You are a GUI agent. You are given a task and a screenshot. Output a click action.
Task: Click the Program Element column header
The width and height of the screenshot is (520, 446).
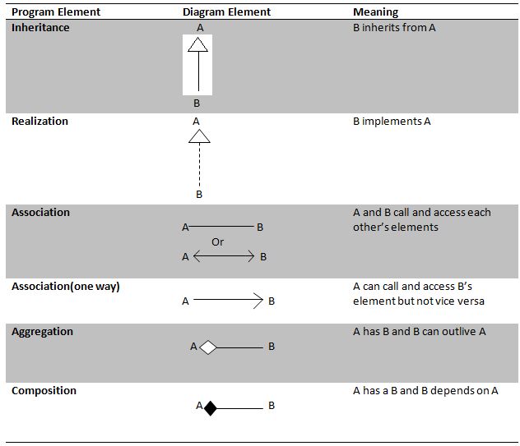[56, 12]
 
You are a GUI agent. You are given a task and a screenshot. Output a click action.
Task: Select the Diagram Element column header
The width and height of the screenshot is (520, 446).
[226, 12]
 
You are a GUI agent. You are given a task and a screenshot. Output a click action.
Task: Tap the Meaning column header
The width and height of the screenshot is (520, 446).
[375, 12]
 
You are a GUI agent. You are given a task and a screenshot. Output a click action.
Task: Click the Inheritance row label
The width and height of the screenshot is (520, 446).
[40, 27]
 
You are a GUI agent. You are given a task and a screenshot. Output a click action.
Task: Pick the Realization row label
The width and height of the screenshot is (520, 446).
[39, 122]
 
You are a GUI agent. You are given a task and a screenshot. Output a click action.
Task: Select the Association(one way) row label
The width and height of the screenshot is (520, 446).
[66, 287]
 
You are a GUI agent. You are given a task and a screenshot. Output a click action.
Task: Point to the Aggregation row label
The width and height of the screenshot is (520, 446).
[42, 332]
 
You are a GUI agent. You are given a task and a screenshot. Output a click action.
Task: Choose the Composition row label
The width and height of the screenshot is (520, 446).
[44, 391]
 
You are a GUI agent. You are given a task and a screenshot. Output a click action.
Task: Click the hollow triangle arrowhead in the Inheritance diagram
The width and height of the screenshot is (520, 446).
[198, 44]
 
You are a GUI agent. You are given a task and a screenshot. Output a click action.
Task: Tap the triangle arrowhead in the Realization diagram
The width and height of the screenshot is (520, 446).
[199, 136]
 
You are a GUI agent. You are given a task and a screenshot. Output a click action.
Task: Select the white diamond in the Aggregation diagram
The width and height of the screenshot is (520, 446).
[208, 347]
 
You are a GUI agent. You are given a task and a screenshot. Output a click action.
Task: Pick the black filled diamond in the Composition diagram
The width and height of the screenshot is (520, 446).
[211, 408]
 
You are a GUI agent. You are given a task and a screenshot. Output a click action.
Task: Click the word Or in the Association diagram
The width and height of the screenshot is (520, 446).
[217, 242]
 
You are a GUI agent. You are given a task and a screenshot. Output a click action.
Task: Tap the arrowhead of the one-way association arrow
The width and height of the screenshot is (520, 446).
[258, 301]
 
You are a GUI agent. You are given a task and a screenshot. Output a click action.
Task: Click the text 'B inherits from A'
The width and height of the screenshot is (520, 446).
[394, 27]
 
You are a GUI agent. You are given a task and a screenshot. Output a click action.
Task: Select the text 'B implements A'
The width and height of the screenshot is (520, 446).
[392, 122]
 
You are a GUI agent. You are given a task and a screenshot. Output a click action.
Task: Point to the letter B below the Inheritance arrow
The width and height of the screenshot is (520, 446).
[197, 103]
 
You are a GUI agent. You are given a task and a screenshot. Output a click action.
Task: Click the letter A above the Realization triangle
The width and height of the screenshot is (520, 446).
[196, 122]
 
